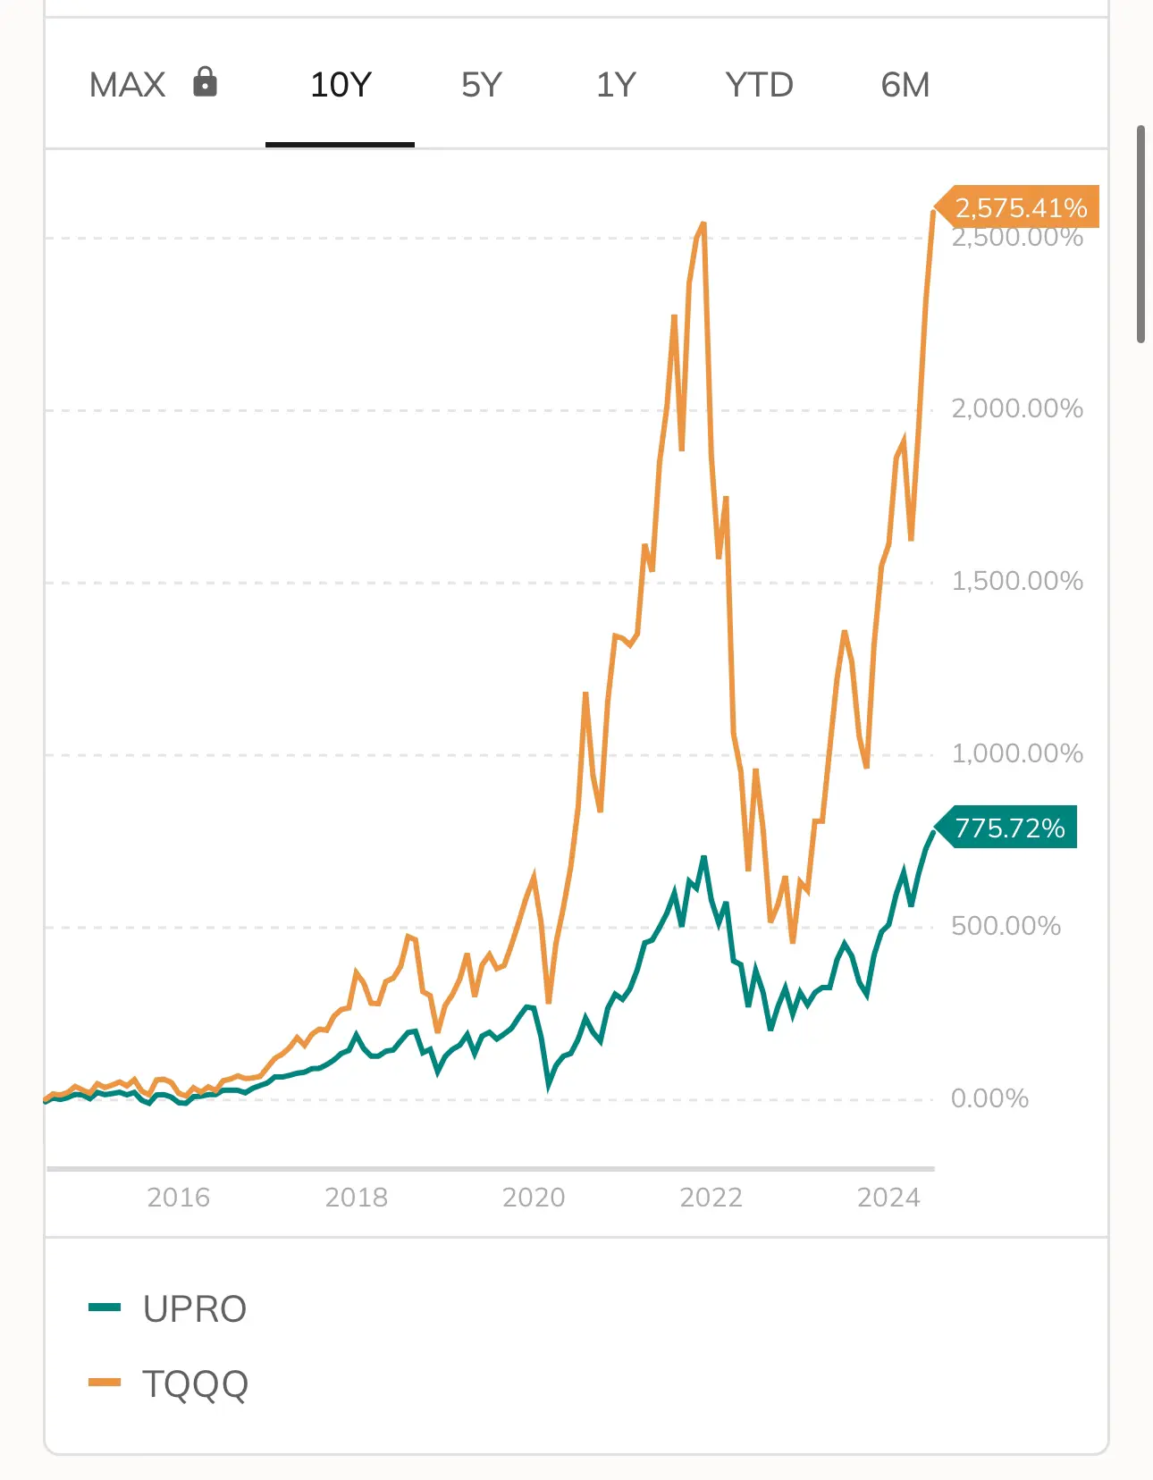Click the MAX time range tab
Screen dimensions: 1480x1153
128,85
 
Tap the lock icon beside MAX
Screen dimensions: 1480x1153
205,82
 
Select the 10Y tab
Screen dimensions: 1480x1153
341,85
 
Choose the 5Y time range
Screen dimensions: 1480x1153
482,85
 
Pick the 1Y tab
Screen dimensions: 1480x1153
616,85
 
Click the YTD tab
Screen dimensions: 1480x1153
759,85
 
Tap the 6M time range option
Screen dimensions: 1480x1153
905,85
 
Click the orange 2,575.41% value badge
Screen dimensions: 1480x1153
1021,207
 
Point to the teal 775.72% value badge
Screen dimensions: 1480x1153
1010,828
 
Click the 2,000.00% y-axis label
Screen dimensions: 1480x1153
1017,408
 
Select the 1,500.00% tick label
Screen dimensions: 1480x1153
1017,581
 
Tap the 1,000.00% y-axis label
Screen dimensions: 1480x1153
1017,753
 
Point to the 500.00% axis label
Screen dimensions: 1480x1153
1006,925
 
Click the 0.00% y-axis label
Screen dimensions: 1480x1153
989,1097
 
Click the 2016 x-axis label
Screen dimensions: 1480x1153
179,1197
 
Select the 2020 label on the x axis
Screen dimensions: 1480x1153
534,1197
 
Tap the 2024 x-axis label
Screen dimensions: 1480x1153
888,1197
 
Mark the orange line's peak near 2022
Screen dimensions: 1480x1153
704,223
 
